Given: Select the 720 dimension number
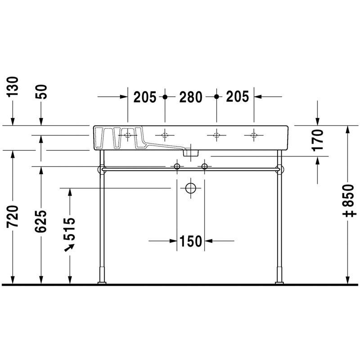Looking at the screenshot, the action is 12,217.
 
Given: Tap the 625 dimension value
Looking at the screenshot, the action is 41,221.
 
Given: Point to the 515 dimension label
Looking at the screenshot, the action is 69,229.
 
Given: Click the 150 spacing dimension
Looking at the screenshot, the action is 190,241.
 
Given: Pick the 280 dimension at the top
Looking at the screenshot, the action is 190,97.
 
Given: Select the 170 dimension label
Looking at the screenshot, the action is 318,140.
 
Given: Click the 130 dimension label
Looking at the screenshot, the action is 12,87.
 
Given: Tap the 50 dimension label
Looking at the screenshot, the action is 41,92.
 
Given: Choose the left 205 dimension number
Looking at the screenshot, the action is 145,97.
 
